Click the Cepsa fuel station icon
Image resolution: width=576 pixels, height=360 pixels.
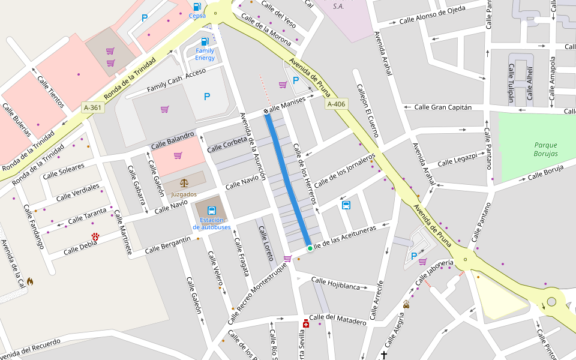coord(197,7)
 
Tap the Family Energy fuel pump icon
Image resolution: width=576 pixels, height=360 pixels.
coord(205,41)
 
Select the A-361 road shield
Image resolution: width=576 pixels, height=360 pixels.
coord(92,107)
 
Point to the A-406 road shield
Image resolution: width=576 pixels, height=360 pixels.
coord(337,104)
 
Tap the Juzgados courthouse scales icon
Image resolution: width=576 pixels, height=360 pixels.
coord(184,182)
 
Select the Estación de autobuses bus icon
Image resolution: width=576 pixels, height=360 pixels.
coord(211,211)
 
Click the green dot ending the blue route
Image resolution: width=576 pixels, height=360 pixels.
coord(310,248)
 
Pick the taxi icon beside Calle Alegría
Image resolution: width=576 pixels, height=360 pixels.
coord(406,304)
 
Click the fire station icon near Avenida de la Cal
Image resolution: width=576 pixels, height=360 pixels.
coord(30,281)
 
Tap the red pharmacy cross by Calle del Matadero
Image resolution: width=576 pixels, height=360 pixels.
coord(306,324)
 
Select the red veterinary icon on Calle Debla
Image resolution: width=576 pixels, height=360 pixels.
coord(95,237)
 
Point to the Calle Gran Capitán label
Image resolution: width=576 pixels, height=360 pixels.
coord(443,107)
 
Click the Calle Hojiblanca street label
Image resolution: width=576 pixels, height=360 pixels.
coord(335,284)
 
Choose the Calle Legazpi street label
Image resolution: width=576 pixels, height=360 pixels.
coord(457,160)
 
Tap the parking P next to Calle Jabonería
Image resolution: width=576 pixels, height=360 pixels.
coord(413,256)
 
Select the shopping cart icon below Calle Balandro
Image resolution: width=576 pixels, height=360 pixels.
coord(178,155)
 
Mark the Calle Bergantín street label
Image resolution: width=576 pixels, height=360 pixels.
coord(167,244)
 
